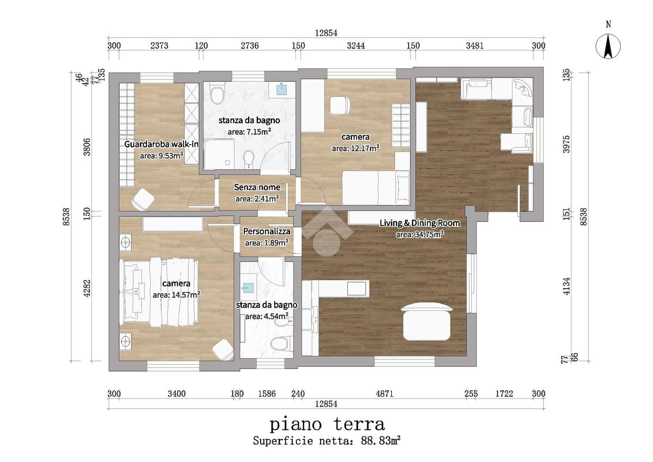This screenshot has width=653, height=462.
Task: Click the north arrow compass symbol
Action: [x=608, y=46]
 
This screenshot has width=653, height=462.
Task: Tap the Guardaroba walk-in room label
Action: [x=162, y=144]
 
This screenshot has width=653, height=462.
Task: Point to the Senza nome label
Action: [x=257, y=187]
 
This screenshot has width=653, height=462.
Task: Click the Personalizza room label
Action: [x=267, y=232]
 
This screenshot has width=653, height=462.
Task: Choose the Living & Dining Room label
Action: [x=420, y=223]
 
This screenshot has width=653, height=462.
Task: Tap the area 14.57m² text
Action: [x=176, y=295]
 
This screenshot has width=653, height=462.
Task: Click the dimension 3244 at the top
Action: [x=356, y=46]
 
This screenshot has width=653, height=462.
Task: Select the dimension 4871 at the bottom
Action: [x=385, y=394]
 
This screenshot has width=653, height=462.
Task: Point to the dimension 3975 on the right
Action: [x=566, y=144]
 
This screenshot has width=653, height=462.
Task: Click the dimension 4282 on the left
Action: [x=87, y=289]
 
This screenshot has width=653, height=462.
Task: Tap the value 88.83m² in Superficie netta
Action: [x=381, y=441]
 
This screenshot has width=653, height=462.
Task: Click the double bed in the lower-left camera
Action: [x=159, y=292]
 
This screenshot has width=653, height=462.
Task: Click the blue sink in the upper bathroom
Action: [x=281, y=89]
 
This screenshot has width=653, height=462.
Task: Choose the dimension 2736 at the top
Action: [x=250, y=46]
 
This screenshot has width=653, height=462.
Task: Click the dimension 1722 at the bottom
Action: [x=504, y=394]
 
